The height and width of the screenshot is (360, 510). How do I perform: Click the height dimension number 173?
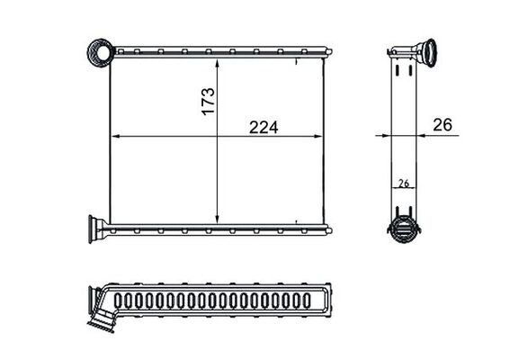(206, 98)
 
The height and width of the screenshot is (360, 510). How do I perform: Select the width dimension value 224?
(264, 127)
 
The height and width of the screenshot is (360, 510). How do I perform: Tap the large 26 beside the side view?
(442, 126)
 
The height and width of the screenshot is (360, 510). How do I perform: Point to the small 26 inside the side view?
(404, 183)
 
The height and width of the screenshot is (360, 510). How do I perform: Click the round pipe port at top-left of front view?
(99, 53)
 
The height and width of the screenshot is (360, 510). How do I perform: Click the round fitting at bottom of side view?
(404, 228)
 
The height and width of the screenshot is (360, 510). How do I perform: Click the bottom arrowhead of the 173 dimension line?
(219, 220)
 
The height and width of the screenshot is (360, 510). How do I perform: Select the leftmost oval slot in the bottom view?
(123, 300)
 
